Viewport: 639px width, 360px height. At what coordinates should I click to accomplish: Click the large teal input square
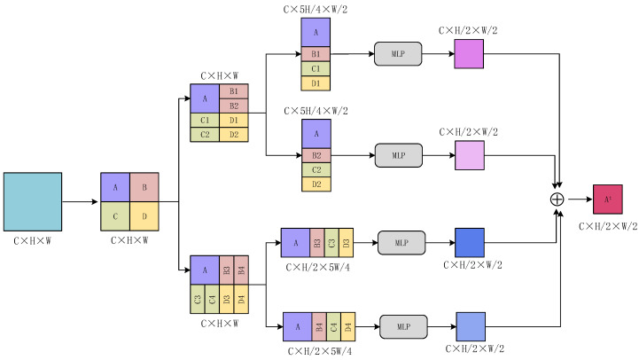33,201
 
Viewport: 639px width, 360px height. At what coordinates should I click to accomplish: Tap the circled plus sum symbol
557,200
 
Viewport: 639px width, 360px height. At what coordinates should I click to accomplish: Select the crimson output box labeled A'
609,200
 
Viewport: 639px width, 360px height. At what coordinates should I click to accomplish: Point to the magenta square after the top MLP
470,53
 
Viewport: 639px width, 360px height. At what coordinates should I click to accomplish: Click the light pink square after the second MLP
470,155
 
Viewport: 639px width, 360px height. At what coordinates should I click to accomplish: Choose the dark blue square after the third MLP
470,242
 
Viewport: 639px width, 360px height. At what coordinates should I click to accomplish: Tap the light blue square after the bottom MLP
471,326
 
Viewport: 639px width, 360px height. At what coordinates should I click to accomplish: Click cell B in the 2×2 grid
144,187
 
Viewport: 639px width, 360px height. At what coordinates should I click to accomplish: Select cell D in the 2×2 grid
144,215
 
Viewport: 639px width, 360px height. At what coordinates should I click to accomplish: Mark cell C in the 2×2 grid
114,215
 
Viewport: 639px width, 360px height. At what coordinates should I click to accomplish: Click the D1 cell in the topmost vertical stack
316,83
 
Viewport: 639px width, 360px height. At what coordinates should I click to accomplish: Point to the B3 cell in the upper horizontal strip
317,242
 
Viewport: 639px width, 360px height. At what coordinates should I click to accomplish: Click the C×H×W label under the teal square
33,239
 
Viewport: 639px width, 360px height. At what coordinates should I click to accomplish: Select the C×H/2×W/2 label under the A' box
608,226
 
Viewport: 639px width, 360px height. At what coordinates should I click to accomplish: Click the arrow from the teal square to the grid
81,201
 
